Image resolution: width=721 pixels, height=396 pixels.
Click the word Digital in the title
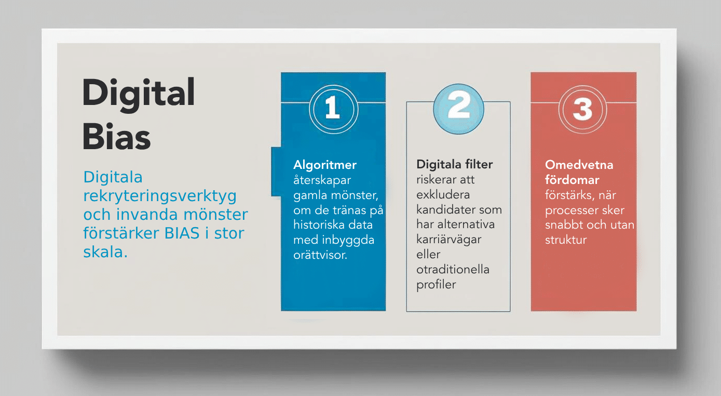[x=139, y=94]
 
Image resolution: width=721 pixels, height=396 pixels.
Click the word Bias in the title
[x=116, y=137]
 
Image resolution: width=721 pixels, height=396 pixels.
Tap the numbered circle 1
[x=333, y=109]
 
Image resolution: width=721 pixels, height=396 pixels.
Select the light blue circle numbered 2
[x=458, y=109]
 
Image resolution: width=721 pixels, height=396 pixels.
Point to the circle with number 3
[x=582, y=110]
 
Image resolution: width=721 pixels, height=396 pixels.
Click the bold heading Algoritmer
[x=325, y=165]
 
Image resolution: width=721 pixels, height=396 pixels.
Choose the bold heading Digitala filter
[x=455, y=164]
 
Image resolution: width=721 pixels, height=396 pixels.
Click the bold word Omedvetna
[x=579, y=165]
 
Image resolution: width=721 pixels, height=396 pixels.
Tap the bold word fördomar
[x=572, y=180]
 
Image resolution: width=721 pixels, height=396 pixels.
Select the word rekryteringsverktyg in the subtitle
[x=160, y=196]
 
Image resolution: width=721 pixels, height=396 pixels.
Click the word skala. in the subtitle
[x=105, y=252]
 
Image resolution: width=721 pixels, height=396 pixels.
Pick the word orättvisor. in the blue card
[x=320, y=255]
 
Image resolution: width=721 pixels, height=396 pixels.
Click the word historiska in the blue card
[x=316, y=225]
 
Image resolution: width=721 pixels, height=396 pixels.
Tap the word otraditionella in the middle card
[x=453, y=269]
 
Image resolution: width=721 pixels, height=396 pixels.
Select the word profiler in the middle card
[x=436, y=284]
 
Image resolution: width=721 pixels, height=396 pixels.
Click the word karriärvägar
[x=449, y=240]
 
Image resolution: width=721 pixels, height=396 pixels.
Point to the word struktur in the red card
[x=566, y=240]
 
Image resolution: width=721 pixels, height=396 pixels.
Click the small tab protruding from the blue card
[x=276, y=171]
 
